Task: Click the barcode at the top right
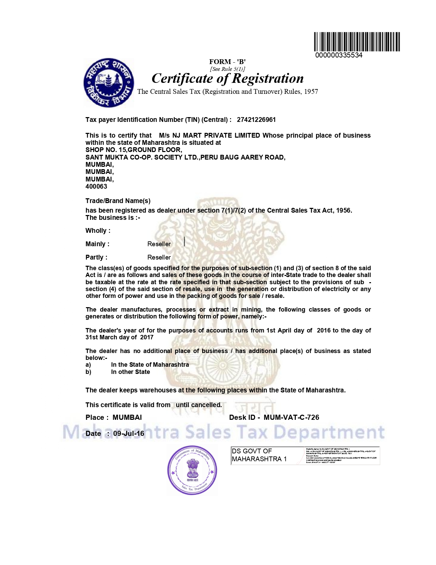click(x=357, y=42)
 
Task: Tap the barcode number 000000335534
click(x=339, y=55)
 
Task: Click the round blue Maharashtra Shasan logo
click(x=109, y=83)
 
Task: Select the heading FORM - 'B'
click(x=227, y=62)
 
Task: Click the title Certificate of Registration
click(x=227, y=78)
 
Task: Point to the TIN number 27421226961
click(x=256, y=120)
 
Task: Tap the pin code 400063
click(x=96, y=187)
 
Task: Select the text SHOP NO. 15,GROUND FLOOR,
click(x=134, y=150)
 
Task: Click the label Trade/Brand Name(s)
click(x=118, y=201)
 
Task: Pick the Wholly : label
click(x=98, y=231)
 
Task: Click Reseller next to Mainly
click(x=159, y=244)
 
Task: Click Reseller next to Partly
click(x=159, y=258)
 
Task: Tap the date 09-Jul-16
click(x=129, y=434)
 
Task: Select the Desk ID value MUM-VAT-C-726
click(x=291, y=418)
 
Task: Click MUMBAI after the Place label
click(x=127, y=418)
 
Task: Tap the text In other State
click(x=130, y=372)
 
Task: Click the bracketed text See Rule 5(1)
click(x=227, y=69)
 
